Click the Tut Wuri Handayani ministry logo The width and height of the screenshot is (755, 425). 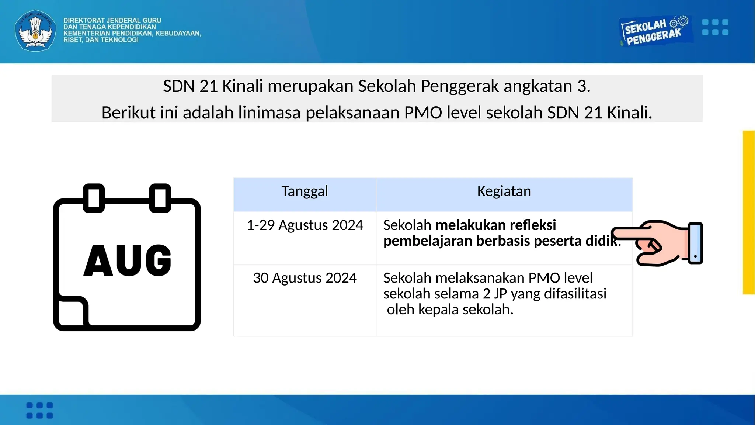coord(35,30)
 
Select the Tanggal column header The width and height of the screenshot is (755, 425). coord(305,191)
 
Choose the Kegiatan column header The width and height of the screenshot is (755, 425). coord(504,191)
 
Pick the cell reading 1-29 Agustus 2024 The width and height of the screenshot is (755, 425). coord(305,225)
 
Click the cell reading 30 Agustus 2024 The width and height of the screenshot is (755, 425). coord(305,278)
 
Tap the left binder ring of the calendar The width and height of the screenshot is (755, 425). coord(94,198)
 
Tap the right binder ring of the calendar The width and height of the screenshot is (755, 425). coord(160,198)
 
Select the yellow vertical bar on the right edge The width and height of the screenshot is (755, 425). coord(749,212)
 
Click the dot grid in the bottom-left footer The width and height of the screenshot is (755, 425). coord(40,410)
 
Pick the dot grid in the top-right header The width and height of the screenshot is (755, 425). coord(715,27)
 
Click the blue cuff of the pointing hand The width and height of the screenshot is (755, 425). coord(695,243)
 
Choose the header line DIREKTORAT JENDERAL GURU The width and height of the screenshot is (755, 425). coord(112,20)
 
